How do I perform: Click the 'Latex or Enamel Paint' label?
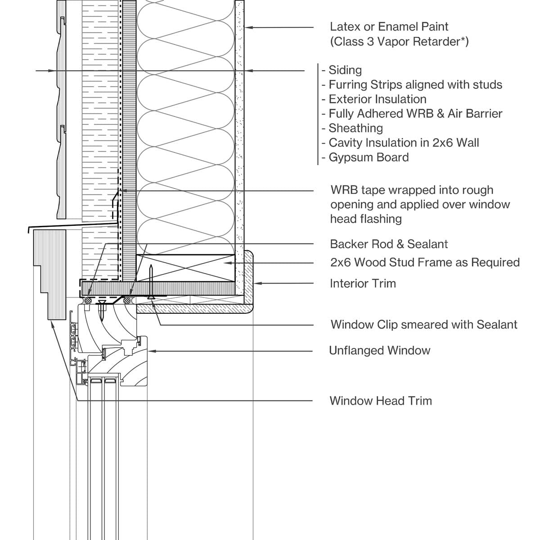click(x=389, y=27)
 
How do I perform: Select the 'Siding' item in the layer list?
click(x=345, y=70)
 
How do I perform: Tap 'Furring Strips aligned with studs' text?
click(x=415, y=85)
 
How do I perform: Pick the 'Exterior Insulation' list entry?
click(x=378, y=99)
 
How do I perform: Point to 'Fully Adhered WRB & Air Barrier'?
click(x=415, y=114)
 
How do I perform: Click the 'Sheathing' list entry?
click(x=355, y=128)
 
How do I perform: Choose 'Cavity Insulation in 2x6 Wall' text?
click(x=404, y=143)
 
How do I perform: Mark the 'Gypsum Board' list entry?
click(x=369, y=157)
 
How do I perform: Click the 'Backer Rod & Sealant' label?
click(x=389, y=244)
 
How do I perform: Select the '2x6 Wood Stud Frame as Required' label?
click(x=425, y=262)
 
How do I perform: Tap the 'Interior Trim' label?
click(x=363, y=283)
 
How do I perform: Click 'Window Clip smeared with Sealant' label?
click(x=424, y=324)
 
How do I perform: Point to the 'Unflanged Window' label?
click(x=379, y=351)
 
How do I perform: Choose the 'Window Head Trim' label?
click(x=381, y=401)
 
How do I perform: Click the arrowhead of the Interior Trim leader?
click(x=257, y=283)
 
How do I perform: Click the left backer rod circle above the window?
click(x=88, y=301)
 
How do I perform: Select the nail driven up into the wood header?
click(x=151, y=282)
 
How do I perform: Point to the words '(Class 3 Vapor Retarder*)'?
click(x=399, y=42)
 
